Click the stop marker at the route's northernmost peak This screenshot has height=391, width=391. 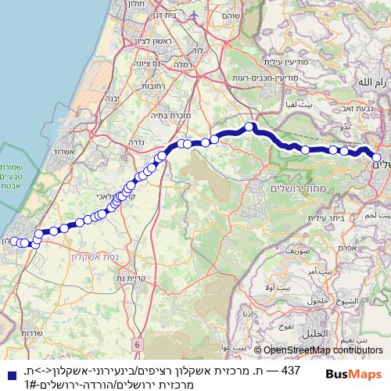click(249, 127)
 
